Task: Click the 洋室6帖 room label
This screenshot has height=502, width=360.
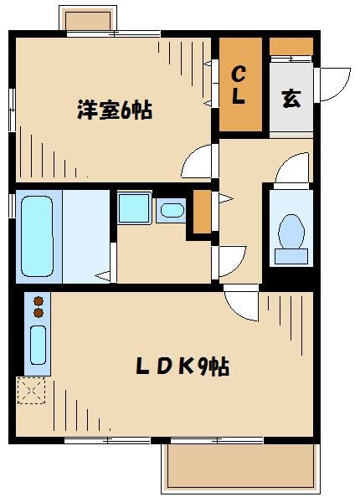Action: click(x=115, y=110)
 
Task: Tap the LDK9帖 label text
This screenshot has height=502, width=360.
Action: click(x=183, y=366)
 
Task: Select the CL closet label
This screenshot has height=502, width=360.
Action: click(x=239, y=84)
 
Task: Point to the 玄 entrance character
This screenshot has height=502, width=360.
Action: click(x=291, y=98)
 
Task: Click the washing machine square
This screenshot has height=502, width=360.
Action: click(x=134, y=208)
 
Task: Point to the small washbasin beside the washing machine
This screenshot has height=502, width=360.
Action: click(x=172, y=209)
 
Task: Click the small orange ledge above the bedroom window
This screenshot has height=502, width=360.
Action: click(x=90, y=19)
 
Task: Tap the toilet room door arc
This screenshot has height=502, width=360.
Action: click(x=290, y=169)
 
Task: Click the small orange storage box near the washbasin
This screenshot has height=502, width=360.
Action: click(x=201, y=213)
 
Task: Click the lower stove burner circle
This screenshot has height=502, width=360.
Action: click(x=38, y=313)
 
